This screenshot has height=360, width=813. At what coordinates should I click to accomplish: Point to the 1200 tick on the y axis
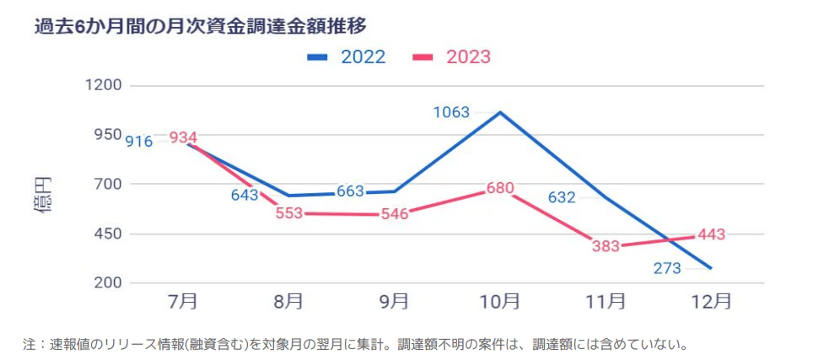(104, 86)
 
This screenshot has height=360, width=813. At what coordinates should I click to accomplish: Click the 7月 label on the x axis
(183, 302)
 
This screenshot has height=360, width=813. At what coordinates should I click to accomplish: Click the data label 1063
(452, 112)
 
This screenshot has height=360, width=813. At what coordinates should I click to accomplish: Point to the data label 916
(139, 142)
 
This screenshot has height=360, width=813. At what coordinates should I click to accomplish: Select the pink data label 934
(183, 137)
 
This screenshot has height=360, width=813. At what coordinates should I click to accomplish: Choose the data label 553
(288, 213)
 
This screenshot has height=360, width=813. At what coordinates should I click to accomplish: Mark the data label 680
(500, 188)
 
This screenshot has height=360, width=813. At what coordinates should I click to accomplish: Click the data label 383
(606, 247)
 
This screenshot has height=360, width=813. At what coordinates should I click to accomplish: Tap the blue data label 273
(667, 269)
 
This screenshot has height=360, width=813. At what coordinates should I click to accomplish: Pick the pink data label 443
(711, 235)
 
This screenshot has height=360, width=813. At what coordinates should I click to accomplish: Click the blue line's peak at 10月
(500, 112)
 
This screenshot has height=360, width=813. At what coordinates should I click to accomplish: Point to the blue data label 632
(562, 198)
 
